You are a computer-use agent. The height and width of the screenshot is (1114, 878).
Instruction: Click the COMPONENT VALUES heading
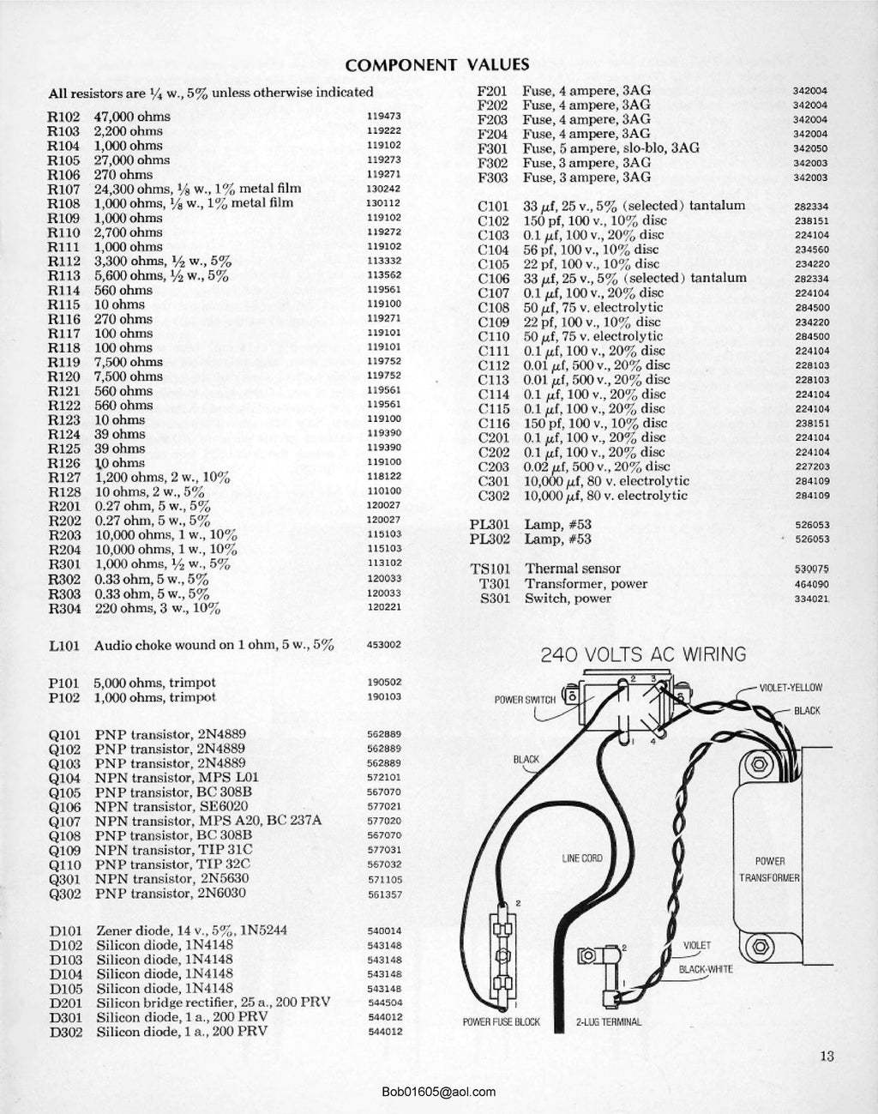(436, 64)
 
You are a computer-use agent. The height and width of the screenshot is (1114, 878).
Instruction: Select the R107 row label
(64, 189)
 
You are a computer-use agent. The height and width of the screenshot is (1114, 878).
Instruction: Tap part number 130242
(384, 189)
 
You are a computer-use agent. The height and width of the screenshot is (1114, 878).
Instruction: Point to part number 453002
(384, 645)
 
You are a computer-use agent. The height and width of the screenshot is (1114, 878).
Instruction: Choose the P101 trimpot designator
(64, 683)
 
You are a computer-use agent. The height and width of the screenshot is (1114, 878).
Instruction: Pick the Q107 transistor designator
(65, 821)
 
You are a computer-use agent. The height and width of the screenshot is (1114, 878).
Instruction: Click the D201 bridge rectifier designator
(65, 1003)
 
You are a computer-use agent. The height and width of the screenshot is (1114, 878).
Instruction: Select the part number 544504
(384, 1003)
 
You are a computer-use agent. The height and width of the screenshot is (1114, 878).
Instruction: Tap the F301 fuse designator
(493, 148)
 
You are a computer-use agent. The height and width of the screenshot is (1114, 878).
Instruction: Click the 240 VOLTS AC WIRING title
(643, 655)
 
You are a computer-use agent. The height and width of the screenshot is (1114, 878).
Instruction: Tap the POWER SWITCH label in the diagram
(525, 700)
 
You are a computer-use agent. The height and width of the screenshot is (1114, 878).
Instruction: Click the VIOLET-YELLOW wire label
(791, 688)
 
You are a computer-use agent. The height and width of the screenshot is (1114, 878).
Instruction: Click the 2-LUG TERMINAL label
(608, 1021)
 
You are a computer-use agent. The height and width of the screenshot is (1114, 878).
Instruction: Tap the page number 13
(827, 1057)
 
